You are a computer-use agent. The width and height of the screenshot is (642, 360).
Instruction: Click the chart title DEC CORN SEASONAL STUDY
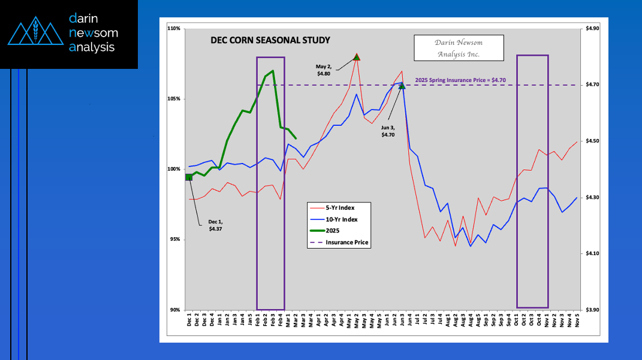coord(270,41)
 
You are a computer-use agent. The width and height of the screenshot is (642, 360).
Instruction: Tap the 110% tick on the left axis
coord(174,29)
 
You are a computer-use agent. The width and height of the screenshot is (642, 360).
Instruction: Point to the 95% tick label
coord(176,240)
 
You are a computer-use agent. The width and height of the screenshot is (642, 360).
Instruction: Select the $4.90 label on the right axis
coord(592,29)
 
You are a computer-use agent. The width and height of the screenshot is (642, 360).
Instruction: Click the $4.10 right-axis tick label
coord(592,254)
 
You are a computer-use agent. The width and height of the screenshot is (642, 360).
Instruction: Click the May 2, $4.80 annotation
coord(324,69)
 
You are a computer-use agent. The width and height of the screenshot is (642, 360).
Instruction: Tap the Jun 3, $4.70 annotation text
coord(388,131)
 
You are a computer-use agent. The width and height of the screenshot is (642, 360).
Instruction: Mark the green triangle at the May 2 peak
coord(357,58)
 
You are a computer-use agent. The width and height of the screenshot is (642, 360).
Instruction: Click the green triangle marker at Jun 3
coord(402,86)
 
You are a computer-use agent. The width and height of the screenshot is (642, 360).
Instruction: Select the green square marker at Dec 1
coord(189,177)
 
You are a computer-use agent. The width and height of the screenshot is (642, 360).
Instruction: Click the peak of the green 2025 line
coord(273,71)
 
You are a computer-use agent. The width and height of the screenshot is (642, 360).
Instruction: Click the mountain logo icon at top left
coord(35,32)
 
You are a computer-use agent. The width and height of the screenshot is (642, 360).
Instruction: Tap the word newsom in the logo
coord(94,32)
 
